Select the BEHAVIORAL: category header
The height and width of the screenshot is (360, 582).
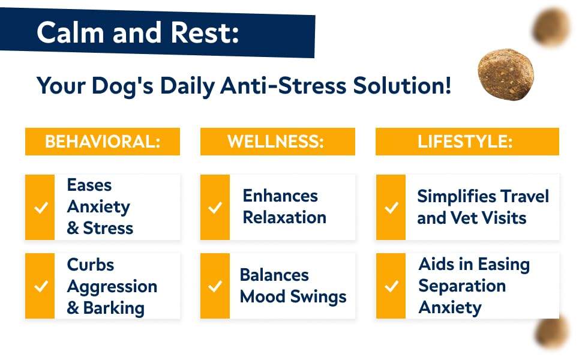(103, 142)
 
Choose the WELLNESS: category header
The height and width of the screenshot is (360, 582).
(277, 142)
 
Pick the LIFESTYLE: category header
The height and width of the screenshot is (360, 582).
(467, 142)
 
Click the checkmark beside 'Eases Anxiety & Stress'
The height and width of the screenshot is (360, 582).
(40, 208)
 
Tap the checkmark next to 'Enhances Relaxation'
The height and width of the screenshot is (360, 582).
(215, 208)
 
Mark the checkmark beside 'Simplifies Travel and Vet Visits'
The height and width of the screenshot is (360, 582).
(391, 208)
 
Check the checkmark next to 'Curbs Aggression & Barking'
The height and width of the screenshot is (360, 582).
(40, 286)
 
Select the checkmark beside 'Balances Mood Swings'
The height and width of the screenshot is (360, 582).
(215, 286)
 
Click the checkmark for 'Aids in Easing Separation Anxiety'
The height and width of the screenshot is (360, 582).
(391, 286)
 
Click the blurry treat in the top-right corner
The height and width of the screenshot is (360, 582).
(553, 25)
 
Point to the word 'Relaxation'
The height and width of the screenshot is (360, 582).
(284, 217)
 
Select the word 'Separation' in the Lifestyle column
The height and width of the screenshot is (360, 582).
(462, 286)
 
